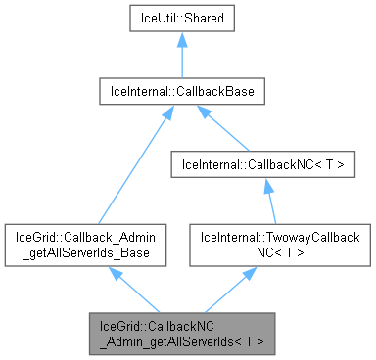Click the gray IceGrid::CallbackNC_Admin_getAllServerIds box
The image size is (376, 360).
click(x=181, y=333)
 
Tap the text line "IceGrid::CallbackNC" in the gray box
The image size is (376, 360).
click(x=181, y=324)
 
